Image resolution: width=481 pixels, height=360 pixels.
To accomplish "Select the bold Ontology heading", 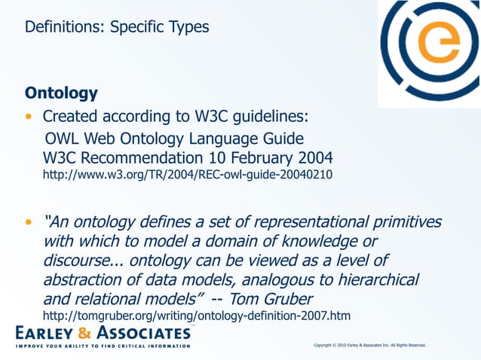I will point(61,93).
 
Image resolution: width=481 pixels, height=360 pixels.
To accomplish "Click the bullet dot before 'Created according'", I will point(29,118).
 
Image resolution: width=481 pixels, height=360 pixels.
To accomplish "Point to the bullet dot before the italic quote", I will point(29,224).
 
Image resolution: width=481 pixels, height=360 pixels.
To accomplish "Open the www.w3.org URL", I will point(187,175).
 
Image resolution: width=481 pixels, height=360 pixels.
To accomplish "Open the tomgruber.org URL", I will point(197,315).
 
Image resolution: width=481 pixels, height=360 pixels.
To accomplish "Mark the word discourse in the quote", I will point(78,261).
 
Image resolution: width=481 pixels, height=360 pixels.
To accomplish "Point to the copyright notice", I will point(369,345).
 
